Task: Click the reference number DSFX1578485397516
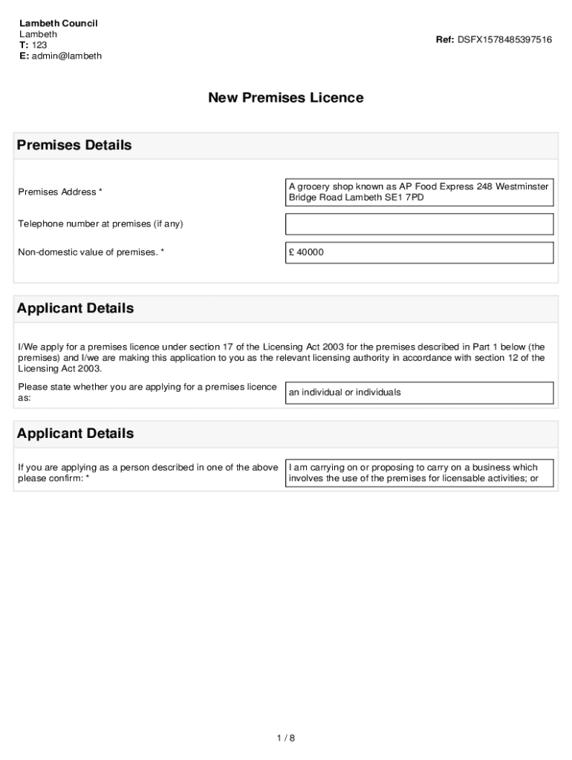pyautogui.click(x=504, y=39)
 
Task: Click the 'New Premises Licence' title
pyautogui.click(x=285, y=98)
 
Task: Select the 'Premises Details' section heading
pyautogui.click(x=74, y=145)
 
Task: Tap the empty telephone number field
pyautogui.click(x=419, y=224)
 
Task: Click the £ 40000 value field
pyautogui.click(x=419, y=252)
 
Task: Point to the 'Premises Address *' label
pyautogui.click(x=60, y=192)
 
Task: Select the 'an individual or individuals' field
pyautogui.click(x=419, y=393)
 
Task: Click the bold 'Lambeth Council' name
pyautogui.click(x=58, y=23)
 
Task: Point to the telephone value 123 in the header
pyautogui.click(x=39, y=45)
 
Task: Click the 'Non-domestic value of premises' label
pyautogui.click(x=91, y=252)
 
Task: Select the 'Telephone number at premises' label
pyautogui.click(x=100, y=224)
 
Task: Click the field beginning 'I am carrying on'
pyautogui.click(x=419, y=473)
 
